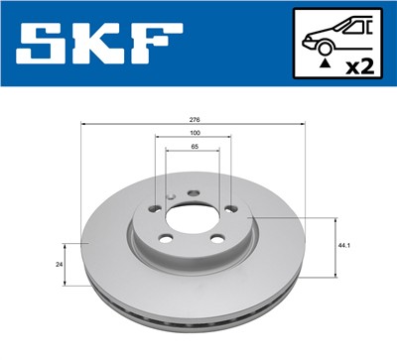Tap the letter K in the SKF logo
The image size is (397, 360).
pyautogui.click(x=102, y=45)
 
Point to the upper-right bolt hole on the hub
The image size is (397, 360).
pyautogui.click(x=230, y=208)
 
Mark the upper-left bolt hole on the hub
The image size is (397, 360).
pyautogui.click(x=155, y=207)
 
